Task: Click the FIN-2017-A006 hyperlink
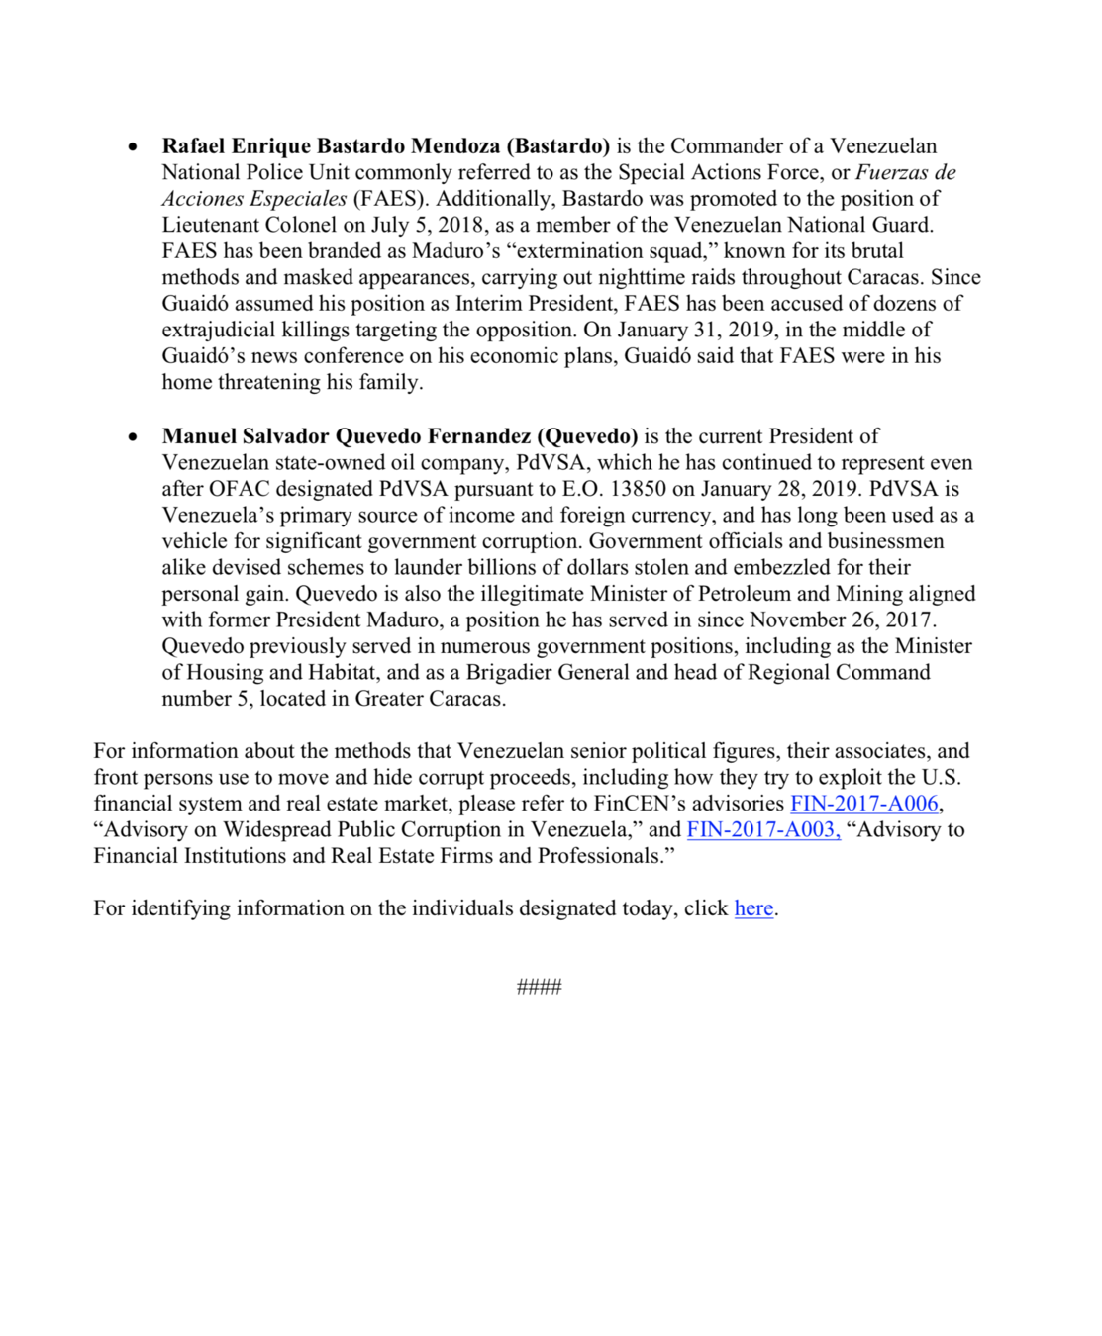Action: (x=863, y=804)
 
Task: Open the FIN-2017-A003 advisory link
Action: (x=763, y=829)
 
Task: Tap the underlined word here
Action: (x=753, y=908)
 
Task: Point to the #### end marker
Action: (x=540, y=986)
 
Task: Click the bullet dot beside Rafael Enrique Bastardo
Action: (x=133, y=147)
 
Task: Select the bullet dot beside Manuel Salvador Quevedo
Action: (x=133, y=437)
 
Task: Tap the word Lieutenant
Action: (x=215, y=225)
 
